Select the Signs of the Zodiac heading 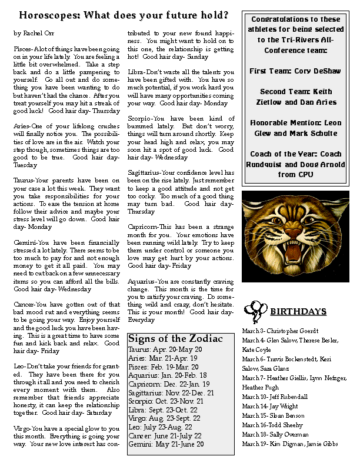[x=175, y=339]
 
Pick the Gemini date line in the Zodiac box [x=166, y=444]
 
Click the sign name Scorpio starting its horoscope [x=139, y=119]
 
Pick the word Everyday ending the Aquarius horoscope [x=141, y=320]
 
